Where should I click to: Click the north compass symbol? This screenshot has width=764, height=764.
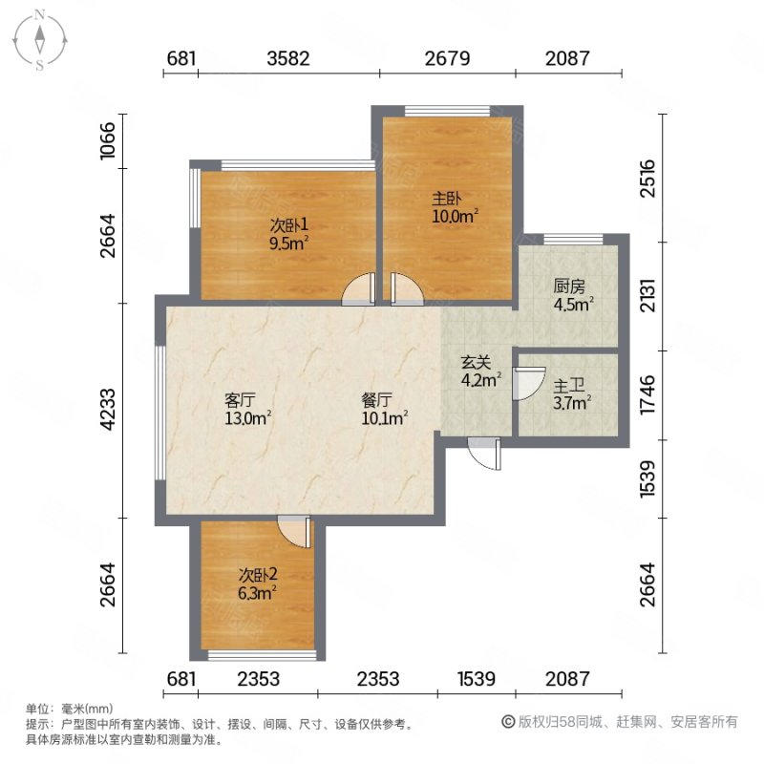pyautogui.click(x=40, y=40)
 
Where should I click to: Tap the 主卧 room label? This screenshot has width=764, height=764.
pyautogui.click(x=446, y=198)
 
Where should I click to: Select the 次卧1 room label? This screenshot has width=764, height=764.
pyautogui.click(x=289, y=225)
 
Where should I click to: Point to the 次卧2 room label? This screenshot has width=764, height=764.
pyautogui.click(x=258, y=575)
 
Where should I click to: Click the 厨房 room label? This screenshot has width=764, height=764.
pyautogui.click(x=568, y=286)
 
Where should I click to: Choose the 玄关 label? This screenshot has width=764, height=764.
pyautogui.click(x=476, y=363)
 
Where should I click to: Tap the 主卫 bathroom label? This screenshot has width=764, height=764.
pyautogui.click(x=568, y=387)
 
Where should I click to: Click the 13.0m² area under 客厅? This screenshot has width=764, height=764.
pyautogui.click(x=248, y=418)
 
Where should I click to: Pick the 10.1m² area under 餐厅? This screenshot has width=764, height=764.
pyautogui.click(x=385, y=418)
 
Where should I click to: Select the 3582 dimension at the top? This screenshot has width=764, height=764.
pyautogui.click(x=288, y=58)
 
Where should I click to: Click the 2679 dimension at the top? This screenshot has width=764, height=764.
pyautogui.click(x=447, y=58)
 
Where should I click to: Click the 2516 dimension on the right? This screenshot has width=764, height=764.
pyautogui.click(x=648, y=178)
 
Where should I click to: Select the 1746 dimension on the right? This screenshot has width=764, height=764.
pyautogui.click(x=648, y=394)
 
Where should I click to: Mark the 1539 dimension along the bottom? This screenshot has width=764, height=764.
pyautogui.click(x=477, y=679)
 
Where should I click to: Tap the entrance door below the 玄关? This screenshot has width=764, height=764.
pyautogui.click(x=484, y=454)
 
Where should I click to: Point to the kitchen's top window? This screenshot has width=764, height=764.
pyautogui.click(x=573, y=240)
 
